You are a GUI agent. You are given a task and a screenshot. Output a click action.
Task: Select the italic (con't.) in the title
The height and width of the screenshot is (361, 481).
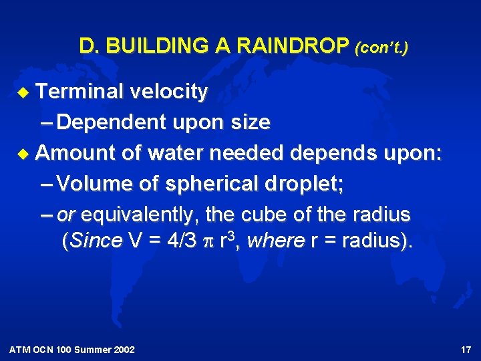(381, 47)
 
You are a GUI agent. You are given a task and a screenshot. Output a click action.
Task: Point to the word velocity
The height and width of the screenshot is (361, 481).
(170, 92)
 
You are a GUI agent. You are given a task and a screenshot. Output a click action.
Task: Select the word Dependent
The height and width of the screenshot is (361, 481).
(112, 123)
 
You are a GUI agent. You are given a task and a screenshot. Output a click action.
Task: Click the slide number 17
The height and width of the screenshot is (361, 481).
(466, 350)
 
